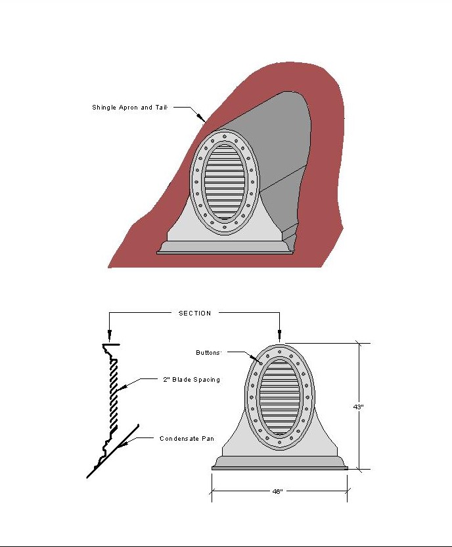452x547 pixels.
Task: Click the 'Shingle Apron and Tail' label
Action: (x=129, y=108)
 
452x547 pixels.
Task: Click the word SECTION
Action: (x=195, y=314)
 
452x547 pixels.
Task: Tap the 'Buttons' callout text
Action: (x=208, y=353)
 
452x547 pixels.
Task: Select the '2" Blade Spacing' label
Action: (x=191, y=380)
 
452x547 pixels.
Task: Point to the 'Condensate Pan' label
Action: (x=187, y=439)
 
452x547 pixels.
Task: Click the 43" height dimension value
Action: (x=359, y=407)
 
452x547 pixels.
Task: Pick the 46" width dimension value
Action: (x=277, y=491)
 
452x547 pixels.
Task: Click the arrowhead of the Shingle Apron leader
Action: (x=202, y=118)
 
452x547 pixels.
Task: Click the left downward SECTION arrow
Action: (x=109, y=335)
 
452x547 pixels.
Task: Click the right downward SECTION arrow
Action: (x=279, y=335)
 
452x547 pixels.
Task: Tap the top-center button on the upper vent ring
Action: (x=225, y=135)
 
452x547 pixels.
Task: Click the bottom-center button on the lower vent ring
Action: (x=279, y=442)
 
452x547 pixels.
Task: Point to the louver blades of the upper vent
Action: (x=225, y=182)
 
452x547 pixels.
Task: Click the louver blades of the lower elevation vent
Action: (x=280, y=397)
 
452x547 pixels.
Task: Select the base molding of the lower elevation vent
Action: (x=280, y=463)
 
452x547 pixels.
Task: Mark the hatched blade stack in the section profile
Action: (x=114, y=394)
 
